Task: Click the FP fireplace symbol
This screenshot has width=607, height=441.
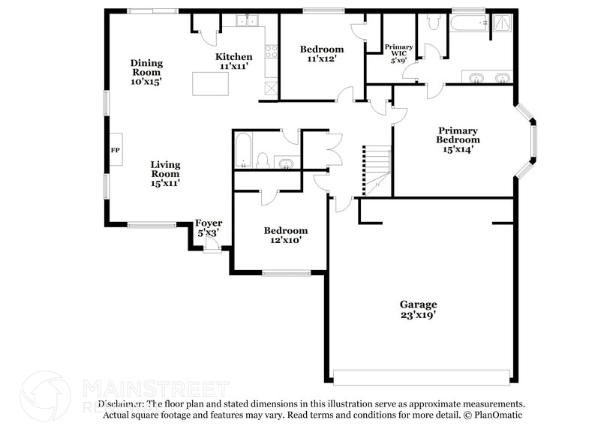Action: point(116,150)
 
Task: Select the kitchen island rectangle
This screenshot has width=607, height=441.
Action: point(210,82)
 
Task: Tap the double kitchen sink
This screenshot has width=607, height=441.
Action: point(247,21)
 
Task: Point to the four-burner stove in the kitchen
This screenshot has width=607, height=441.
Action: point(270,52)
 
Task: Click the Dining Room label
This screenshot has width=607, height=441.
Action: point(146,72)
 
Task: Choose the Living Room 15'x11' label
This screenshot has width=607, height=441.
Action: point(165,173)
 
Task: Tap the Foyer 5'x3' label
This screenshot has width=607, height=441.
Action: point(209,228)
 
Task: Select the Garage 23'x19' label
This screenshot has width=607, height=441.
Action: point(418,310)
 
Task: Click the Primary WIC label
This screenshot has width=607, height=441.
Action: point(398,52)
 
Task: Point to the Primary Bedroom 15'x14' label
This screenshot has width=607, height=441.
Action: point(458,139)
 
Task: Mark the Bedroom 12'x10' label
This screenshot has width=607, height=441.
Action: point(285,235)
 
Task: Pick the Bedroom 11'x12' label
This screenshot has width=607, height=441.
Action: point(322,53)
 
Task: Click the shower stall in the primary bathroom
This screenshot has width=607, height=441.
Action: point(502,25)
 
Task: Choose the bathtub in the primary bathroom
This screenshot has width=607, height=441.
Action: point(469,22)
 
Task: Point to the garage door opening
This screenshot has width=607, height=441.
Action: point(422,376)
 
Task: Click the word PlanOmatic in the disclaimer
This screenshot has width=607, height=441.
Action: point(496,415)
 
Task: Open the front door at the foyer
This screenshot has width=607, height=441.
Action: point(212,248)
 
